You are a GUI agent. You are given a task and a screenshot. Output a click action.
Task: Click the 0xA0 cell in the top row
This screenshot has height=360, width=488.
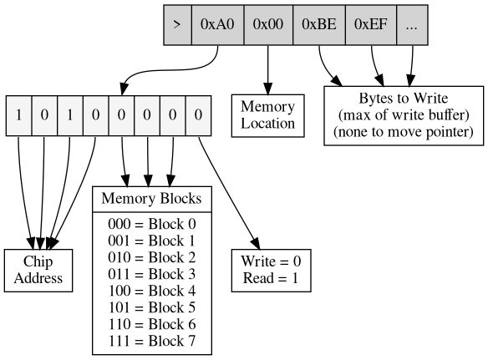click(217, 24)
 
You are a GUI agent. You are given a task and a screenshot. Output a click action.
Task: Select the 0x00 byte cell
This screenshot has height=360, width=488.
click(268, 24)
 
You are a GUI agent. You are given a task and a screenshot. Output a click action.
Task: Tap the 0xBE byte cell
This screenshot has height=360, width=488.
click(319, 24)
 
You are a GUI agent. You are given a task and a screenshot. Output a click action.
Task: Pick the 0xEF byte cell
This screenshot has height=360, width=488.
click(370, 24)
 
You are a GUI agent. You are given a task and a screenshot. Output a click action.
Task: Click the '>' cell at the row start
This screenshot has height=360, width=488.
click(176, 24)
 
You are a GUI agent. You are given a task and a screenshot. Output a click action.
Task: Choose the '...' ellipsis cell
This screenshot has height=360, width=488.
click(411, 24)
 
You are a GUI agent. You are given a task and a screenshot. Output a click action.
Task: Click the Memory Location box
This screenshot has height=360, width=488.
click(267, 115)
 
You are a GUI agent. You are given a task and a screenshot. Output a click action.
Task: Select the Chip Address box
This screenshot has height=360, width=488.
click(39, 270)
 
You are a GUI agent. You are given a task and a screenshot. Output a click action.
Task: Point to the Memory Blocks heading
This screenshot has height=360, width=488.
click(151, 199)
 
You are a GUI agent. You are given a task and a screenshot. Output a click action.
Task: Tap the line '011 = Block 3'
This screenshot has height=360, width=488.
click(151, 274)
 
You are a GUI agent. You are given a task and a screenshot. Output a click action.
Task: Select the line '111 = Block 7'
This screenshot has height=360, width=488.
click(151, 341)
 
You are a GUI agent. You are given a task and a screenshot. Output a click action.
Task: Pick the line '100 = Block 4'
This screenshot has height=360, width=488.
click(151, 291)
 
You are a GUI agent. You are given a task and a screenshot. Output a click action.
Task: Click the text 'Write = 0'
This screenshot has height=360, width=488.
click(271, 261)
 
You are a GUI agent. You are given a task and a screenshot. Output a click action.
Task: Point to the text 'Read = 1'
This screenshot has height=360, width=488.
click(271, 278)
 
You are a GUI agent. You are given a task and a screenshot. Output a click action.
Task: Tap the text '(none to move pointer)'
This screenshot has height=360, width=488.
click(404, 132)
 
